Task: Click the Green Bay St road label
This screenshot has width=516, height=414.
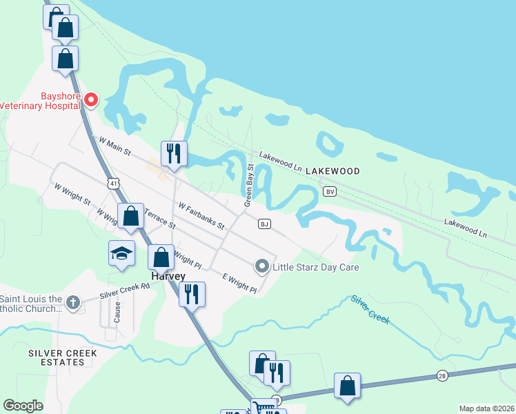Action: point(249,186)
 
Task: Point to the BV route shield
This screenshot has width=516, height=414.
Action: point(330,191)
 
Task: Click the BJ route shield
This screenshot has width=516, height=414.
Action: point(264,224)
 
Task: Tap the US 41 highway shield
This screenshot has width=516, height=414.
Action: point(112,183)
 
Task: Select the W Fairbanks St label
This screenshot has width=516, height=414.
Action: point(201,215)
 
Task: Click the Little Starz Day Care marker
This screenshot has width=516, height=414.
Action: point(261,266)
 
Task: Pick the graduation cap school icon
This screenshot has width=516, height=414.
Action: point(121,253)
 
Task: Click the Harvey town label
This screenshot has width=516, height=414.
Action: point(168,276)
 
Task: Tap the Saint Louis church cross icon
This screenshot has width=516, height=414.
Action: point(72,301)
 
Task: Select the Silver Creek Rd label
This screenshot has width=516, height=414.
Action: point(124,290)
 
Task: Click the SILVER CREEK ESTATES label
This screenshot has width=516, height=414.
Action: point(63,357)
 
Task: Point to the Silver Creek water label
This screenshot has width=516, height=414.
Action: point(370,310)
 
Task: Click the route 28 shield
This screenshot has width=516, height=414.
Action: point(441,375)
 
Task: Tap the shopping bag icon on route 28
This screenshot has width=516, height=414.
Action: point(347,386)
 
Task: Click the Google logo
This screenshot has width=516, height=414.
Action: point(23,406)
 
